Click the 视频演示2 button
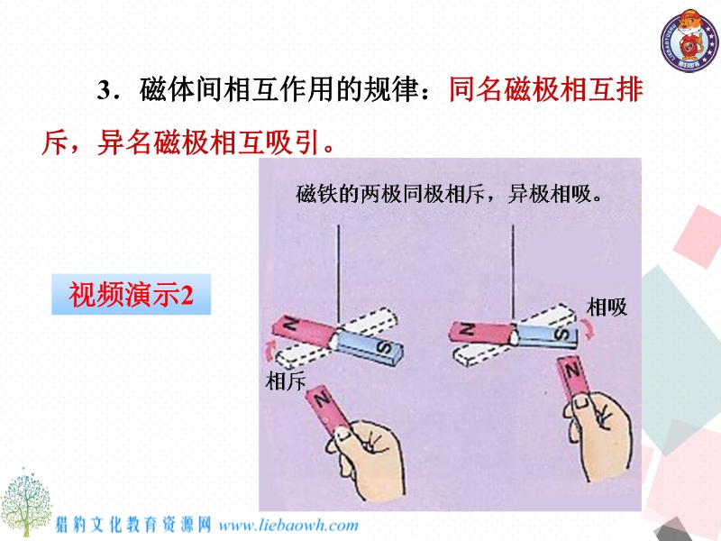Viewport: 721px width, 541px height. coord(131,295)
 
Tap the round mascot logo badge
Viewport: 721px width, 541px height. coord(689,41)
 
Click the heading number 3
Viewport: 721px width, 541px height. coord(105,89)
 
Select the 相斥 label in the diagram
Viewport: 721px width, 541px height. coord(285,381)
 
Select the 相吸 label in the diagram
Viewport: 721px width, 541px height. coord(607,307)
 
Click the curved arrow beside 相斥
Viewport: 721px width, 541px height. coord(269,352)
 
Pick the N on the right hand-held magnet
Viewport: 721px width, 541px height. coord(572,371)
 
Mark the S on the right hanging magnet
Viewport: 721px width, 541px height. coord(561,335)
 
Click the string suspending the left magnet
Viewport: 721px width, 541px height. coord(339,275)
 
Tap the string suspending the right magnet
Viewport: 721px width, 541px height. coord(513,275)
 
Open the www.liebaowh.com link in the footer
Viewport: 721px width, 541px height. coord(288,526)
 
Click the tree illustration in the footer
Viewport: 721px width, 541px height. coord(25,502)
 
